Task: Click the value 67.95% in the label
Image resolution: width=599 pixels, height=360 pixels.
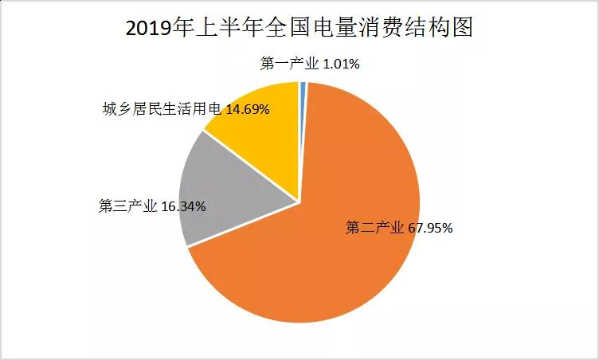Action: click(x=430, y=229)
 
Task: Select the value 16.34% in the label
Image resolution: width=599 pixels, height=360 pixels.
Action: click(x=183, y=206)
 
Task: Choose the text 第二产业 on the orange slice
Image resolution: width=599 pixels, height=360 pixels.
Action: click(x=374, y=229)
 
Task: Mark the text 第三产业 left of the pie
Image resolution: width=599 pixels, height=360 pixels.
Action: click(x=127, y=206)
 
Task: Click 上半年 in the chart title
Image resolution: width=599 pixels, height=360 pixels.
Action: click(x=212, y=29)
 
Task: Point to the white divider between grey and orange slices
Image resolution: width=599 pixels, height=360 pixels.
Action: click(x=243, y=225)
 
